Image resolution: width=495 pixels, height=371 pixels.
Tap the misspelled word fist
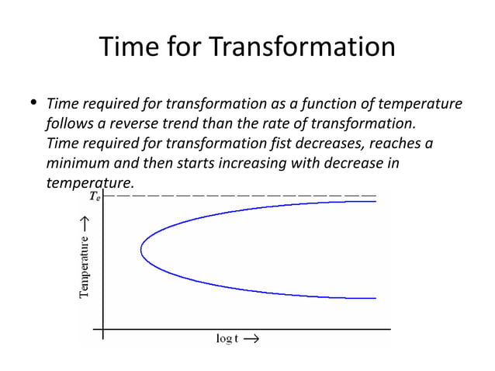pyautogui.click(x=294, y=144)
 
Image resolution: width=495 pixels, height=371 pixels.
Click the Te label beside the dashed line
pyautogui.click(x=94, y=197)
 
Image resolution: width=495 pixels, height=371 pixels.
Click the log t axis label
pyautogui.click(x=227, y=339)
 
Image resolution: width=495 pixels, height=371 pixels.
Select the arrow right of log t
pyautogui.click(x=251, y=339)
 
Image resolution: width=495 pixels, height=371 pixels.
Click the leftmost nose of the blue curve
pyautogui.click(x=141, y=249)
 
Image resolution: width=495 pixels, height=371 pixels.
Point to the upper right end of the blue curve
pyautogui.click(x=375, y=202)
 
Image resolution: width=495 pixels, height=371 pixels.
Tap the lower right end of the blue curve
pyautogui.click(x=375, y=298)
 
